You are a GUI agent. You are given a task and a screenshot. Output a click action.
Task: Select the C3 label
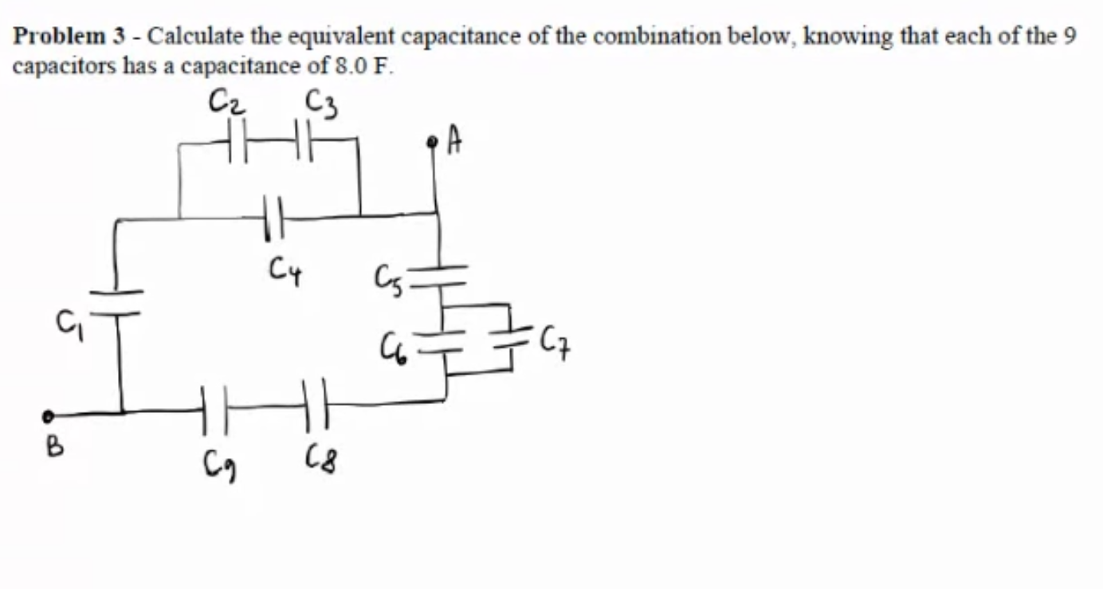(320, 103)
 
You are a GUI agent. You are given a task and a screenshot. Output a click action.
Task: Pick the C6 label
(393, 349)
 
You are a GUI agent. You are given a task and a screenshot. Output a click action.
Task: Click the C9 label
(218, 461)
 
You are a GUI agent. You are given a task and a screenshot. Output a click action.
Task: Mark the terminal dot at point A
(433, 143)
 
